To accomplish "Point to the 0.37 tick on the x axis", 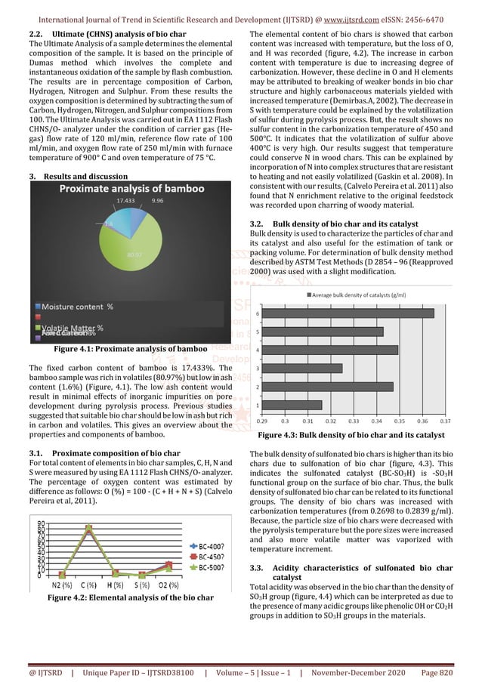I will tap(445, 420).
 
